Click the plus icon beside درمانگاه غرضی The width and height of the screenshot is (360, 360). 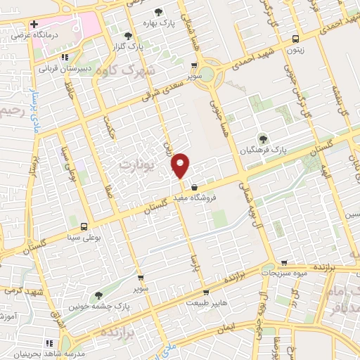(x=33, y=24)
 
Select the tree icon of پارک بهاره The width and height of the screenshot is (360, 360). (x=157, y=12)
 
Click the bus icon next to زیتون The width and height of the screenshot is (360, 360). (x=295, y=39)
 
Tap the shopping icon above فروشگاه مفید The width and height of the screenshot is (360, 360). (x=193, y=186)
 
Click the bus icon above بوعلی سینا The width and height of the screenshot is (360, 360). (x=84, y=226)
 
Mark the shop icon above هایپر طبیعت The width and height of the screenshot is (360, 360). (x=205, y=292)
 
